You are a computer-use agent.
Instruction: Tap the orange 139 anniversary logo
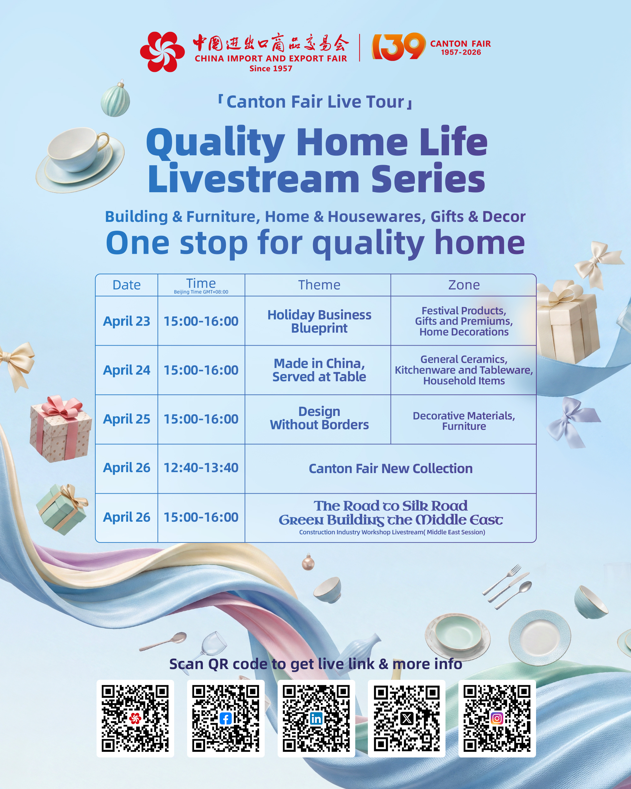[398, 46]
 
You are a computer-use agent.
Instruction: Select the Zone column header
[463, 285]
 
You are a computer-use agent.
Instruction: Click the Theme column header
[319, 285]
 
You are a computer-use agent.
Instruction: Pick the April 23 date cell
[127, 321]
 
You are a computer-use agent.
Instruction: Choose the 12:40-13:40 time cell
[201, 468]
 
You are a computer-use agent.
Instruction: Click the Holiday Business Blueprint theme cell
[319, 321]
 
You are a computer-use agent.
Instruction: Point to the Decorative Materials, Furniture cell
[463, 420]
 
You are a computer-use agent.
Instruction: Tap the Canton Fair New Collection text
[390, 468]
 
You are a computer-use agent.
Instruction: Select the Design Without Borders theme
[319, 418]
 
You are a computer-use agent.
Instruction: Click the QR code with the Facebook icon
[226, 718]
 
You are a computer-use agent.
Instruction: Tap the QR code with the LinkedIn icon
[316, 718]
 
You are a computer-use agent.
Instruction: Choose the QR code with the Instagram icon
[497, 718]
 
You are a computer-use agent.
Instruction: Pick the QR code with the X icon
[406, 718]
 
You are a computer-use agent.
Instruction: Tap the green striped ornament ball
[115, 99]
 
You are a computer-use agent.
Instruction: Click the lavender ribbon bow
[571, 421]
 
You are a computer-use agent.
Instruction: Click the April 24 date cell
[127, 370]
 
